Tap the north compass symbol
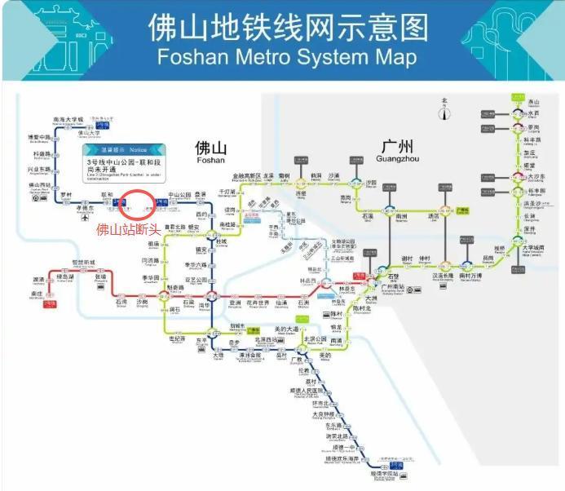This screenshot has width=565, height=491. pyautogui.click(x=444, y=110)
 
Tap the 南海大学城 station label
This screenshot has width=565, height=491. pyautogui.click(x=68, y=119)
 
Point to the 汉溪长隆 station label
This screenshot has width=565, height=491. pyautogui.click(x=441, y=276)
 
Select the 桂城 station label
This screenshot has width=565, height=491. pyautogui.click(x=221, y=241)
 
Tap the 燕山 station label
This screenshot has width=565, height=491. pyautogui.click(x=534, y=102)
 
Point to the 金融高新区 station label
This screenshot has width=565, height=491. pyautogui.click(x=247, y=175)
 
